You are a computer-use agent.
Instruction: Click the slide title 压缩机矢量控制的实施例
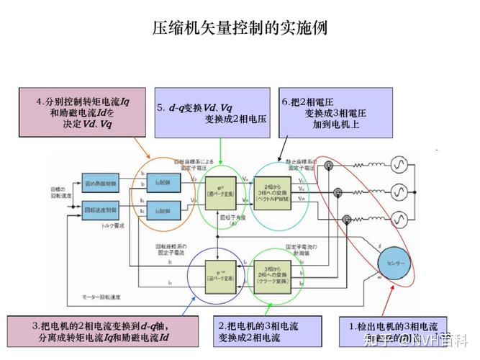pyautogui.click(x=240, y=28)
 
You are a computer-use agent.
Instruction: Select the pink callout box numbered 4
pyautogui.click(x=81, y=112)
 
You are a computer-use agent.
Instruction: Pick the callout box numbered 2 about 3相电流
pyautogui.click(x=266, y=332)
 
